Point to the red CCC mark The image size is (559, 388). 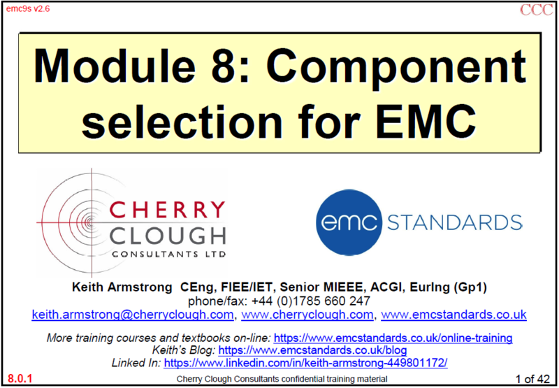coord(536,10)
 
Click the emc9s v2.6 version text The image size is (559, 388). coord(28,9)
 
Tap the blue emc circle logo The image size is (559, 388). coord(349,222)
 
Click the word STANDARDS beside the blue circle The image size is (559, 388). coord(455,222)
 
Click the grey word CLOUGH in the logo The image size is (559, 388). coord(167,236)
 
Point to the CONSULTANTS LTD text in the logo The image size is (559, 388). coord(168,254)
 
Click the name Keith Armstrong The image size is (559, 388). coord(122,287)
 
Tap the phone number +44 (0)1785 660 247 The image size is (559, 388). coord(311,301)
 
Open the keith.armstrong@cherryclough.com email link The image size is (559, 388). coord(133,315)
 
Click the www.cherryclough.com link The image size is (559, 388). coord(307,315)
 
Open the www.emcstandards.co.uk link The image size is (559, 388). coord(453,315)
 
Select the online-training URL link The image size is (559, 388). coord(393,338)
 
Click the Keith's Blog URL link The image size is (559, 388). coord(312,350)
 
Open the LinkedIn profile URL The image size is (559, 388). coord(305,363)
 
